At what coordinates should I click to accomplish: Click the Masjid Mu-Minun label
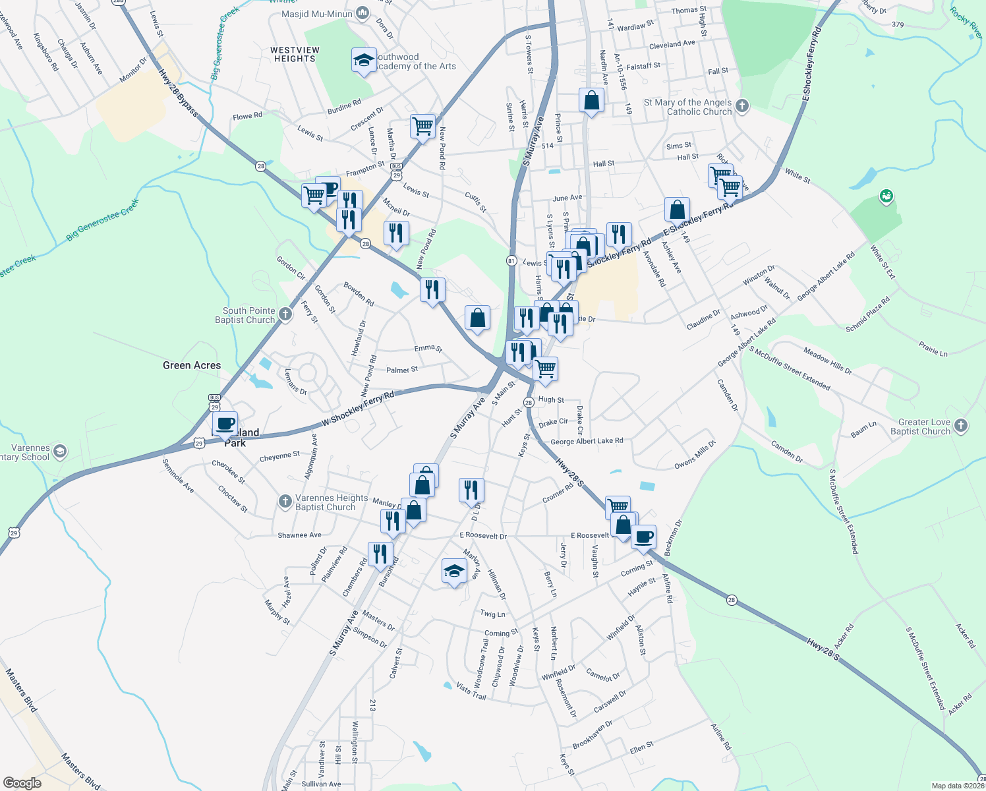(x=318, y=14)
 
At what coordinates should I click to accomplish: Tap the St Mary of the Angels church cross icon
(x=742, y=105)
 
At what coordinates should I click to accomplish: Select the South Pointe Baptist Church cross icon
(x=285, y=314)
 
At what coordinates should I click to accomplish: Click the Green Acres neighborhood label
(x=192, y=365)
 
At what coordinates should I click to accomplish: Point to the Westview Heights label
(x=295, y=54)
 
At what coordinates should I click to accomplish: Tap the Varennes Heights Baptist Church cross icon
(x=285, y=502)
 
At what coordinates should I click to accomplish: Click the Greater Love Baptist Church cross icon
(x=961, y=426)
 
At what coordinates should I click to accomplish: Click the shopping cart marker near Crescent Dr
(x=422, y=125)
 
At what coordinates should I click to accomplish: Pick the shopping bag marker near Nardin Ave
(x=591, y=101)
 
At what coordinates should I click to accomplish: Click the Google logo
(x=22, y=782)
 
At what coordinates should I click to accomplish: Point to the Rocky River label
(x=966, y=24)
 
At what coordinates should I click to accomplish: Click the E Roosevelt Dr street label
(x=483, y=535)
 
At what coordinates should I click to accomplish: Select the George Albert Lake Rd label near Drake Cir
(x=587, y=442)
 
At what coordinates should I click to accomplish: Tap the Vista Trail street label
(x=471, y=691)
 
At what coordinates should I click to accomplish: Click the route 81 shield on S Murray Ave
(x=511, y=260)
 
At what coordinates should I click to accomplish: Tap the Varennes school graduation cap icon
(x=60, y=452)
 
